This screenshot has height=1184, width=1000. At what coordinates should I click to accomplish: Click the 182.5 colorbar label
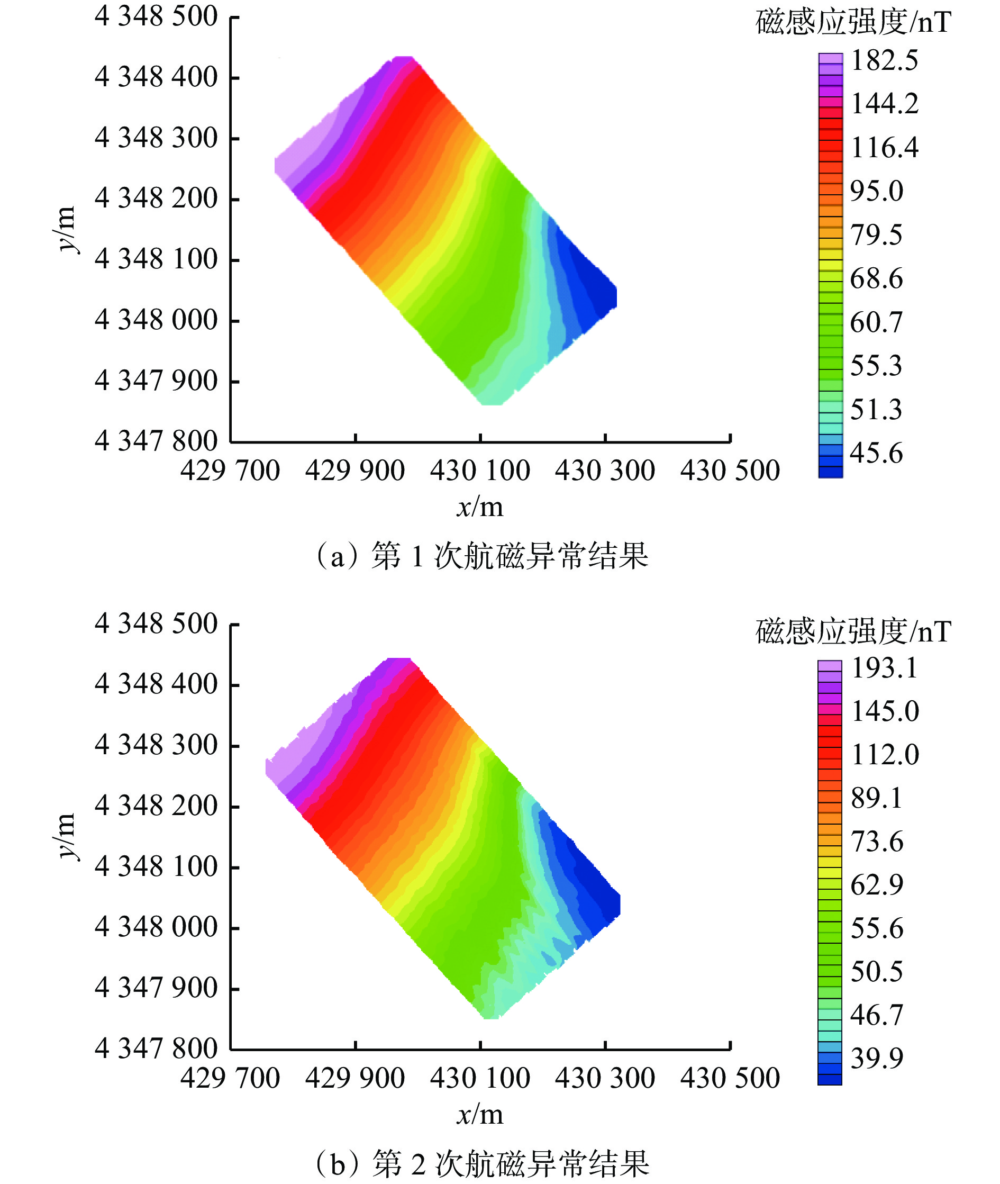pyautogui.click(x=884, y=61)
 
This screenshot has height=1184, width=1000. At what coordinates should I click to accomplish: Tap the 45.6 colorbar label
pyautogui.click(x=876, y=453)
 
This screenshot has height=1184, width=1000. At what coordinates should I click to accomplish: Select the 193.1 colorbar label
pyautogui.click(x=884, y=667)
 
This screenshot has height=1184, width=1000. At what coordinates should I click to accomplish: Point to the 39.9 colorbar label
pyautogui.click(x=876, y=1058)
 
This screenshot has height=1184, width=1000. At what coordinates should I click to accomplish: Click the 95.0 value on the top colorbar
pyautogui.click(x=876, y=191)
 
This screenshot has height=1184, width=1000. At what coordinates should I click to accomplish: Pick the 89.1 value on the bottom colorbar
pyautogui.click(x=876, y=798)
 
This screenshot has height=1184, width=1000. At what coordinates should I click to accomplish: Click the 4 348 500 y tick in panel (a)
pyautogui.click(x=156, y=16)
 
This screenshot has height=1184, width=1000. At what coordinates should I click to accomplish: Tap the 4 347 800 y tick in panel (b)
pyautogui.click(x=156, y=1048)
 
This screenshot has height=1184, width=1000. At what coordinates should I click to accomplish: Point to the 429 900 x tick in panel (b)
pyautogui.click(x=355, y=1078)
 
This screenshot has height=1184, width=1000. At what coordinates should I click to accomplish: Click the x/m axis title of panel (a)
pyautogui.click(x=479, y=507)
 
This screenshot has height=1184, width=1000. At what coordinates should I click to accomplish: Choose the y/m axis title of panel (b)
pyautogui.click(x=66, y=836)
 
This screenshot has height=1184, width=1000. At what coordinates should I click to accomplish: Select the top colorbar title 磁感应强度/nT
pyautogui.click(x=853, y=23)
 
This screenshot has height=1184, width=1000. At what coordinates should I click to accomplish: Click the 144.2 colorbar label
pyautogui.click(x=884, y=104)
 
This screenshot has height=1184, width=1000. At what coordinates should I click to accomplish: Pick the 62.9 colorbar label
pyautogui.click(x=876, y=884)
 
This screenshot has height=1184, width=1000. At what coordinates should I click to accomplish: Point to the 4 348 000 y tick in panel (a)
pyautogui.click(x=156, y=320)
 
